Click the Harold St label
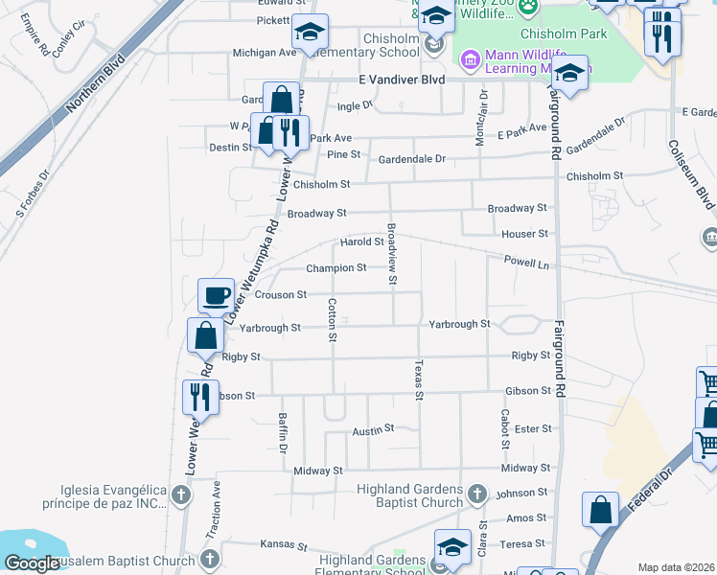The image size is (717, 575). [362, 241]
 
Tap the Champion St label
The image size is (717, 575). [335, 268]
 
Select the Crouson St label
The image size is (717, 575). [279, 295]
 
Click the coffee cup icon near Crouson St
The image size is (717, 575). [216, 295]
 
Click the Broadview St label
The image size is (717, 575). [391, 254]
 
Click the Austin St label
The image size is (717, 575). [373, 428]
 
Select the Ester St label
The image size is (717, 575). [533, 429]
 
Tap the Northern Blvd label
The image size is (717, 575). [96, 88]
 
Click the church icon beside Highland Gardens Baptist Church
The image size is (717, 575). [477, 495]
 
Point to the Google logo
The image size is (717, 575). [32, 564]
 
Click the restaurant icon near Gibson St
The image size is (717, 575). [200, 397]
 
